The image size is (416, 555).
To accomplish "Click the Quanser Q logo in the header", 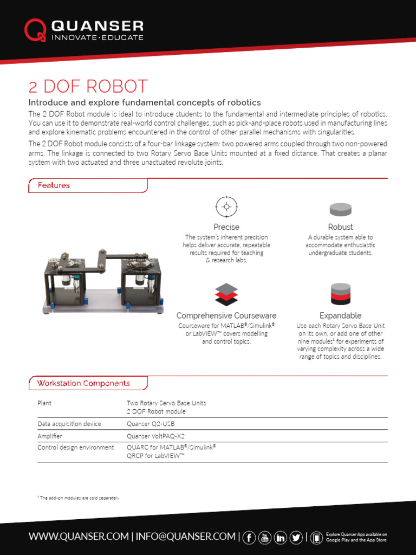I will [x=35, y=30].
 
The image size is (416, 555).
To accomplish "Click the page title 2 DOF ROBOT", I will [x=88, y=87].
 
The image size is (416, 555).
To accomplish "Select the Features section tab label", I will [x=54, y=185].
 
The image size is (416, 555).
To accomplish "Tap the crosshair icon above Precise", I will [x=226, y=206].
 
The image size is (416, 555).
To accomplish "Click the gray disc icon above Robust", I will [x=340, y=209].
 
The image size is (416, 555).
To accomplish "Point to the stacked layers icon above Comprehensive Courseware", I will [x=226, y=294].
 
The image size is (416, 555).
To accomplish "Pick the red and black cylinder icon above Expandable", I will [x=340, y=294].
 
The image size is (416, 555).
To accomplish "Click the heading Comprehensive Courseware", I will [x=226, y=315].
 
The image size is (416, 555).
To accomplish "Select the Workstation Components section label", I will [x=83, y=383].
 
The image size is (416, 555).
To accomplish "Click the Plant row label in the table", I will [x=44, y=403].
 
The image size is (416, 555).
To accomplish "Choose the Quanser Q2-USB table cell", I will [x=151, y=424].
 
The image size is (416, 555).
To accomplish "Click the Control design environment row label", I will [x=75, y=448].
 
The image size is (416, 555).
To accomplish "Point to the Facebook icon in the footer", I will [x=249, y=537].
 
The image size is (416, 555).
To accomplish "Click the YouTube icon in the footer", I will [x=265, y=537].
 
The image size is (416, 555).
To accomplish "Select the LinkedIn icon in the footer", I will [x=281, y=537].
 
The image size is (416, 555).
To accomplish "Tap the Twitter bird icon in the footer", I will [x=296, y=537].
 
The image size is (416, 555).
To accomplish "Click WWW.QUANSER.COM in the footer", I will [x=79, y=537].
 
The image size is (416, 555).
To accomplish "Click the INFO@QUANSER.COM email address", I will [x=185, y=537].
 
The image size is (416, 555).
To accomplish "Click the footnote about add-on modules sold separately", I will [x=78, y=498].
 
